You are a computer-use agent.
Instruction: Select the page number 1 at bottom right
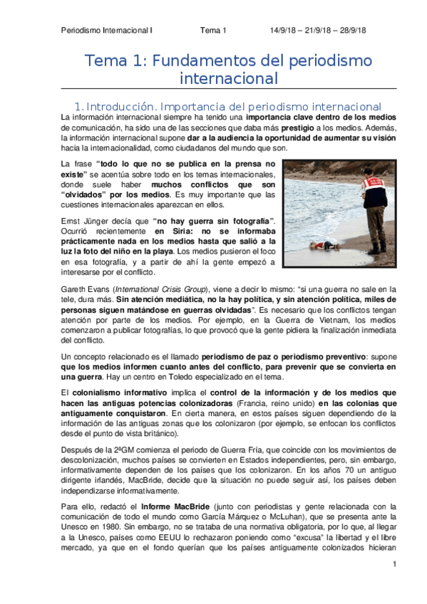(393, 564)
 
